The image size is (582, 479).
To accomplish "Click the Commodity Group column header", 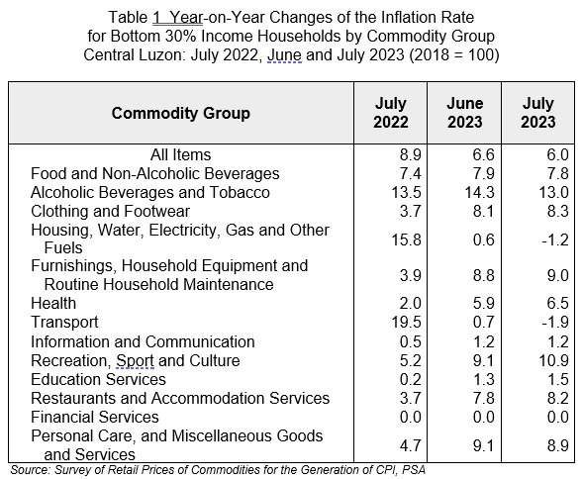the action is pos(181,113).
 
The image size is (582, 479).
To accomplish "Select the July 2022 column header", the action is pos(390,113).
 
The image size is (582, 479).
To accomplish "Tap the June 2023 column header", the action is pos(465,113).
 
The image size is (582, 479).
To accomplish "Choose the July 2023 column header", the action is pos(538,113).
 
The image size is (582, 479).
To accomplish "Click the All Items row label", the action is pos(181,154).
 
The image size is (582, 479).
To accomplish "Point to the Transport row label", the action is pos(64,322).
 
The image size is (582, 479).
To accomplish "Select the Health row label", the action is pos(53,303).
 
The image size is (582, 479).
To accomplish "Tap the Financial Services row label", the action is pos(95,417).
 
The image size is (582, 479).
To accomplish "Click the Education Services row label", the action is pos(98,379).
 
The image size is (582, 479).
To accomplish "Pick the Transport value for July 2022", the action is pos(407,322).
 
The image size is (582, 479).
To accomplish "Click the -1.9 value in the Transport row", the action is pos(555,322).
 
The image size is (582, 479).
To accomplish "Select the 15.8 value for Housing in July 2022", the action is pos(407,239).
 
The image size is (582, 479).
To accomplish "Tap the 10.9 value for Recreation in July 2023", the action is pos(554,360).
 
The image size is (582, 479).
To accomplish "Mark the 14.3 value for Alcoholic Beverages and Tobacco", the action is pos(480,193).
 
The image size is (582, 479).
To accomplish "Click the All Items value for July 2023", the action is pos(558,154).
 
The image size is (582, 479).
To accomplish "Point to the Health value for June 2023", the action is pos(484,303).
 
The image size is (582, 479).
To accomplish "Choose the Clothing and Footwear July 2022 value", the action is pos(411,212).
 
